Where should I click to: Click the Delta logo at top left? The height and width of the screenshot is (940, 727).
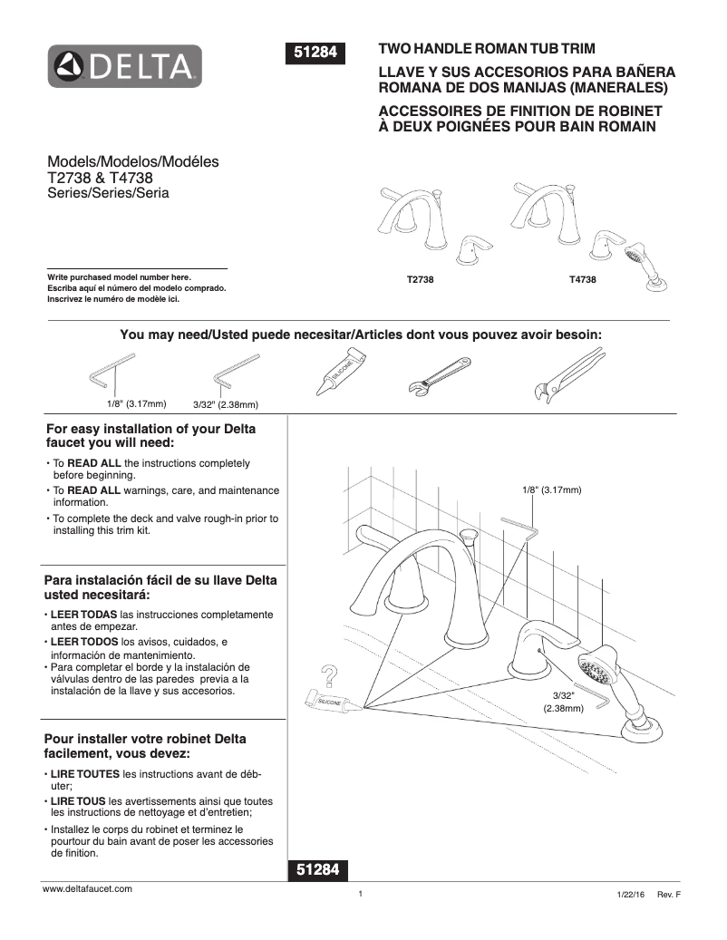pos(124,65)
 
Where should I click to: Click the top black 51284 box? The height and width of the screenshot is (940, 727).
pos(316,53)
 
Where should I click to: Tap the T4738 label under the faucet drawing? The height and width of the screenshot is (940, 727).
pos(582,281)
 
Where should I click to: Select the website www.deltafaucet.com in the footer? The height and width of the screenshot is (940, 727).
pos(88,890)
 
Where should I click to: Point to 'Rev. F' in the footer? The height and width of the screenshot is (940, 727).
pos(668,895)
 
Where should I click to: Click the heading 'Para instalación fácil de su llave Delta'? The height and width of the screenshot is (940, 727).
pos(160,580)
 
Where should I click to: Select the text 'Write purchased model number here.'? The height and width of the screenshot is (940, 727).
pos(119,276)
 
